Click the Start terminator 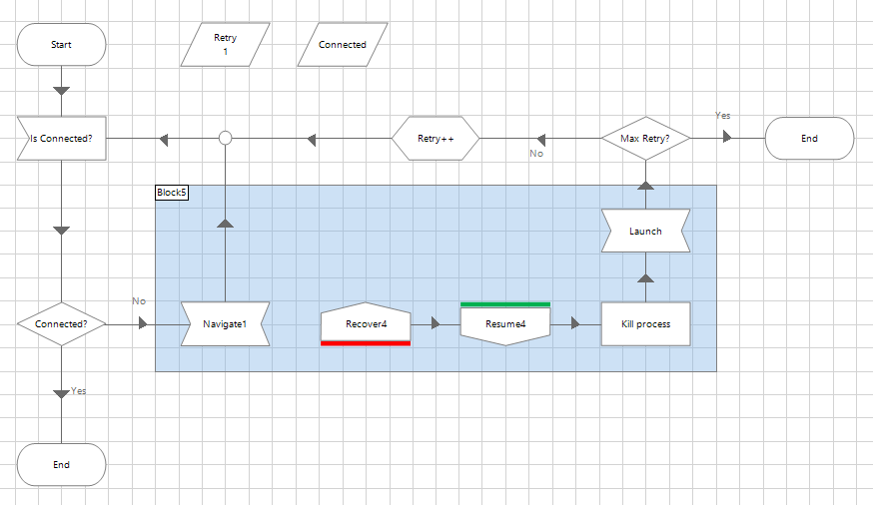(61, 45)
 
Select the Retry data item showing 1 (226, 45)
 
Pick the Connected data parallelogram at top (343, 45)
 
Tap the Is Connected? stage (61, 139)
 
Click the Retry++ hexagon (436, 139)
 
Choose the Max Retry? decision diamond (645, 138)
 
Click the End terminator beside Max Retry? (809, 139)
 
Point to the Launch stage (645, 232)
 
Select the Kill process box (645, 324)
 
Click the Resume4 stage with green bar (505, 324)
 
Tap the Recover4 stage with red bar (366, 324)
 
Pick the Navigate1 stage (225, 324)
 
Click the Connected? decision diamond (61, 324)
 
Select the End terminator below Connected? (61, 465)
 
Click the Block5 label (172, 192)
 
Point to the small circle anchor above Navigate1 (226, 138)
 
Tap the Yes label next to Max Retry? (723, 116)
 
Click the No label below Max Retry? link (536, 154)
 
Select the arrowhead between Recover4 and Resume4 (436, 324)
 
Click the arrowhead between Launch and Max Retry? (645, 185)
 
